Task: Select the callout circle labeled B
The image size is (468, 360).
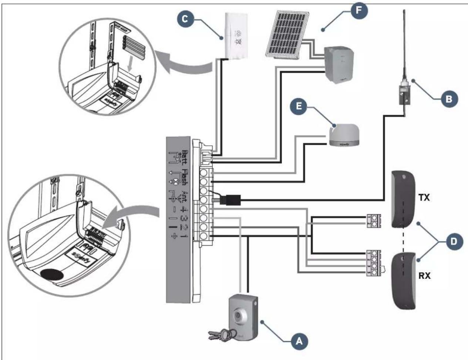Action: point(448,99)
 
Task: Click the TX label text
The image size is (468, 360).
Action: point(424,198)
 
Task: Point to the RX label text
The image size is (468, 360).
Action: point(424,275)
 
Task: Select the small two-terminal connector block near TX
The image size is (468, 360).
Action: point(373,221)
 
